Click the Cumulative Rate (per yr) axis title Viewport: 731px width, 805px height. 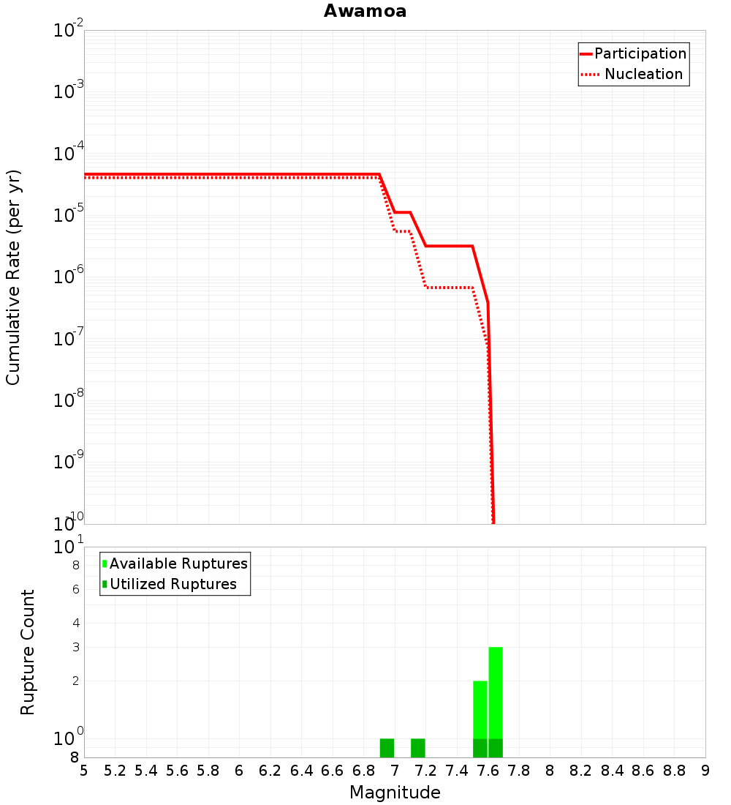point(13,277)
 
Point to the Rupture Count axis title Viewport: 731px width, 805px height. point(28,652)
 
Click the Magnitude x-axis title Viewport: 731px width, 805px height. point(395,793)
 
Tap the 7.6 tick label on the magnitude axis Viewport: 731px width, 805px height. point(488,771)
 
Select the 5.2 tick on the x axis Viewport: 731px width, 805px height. point(115,771)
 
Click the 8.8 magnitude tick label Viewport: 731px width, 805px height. point(674,771)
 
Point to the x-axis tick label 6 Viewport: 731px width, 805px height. point(239,771)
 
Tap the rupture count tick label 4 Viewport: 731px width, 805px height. point(75,623)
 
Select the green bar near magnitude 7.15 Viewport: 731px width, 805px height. point(418,748)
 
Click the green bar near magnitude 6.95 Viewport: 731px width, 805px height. point(387,748)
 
